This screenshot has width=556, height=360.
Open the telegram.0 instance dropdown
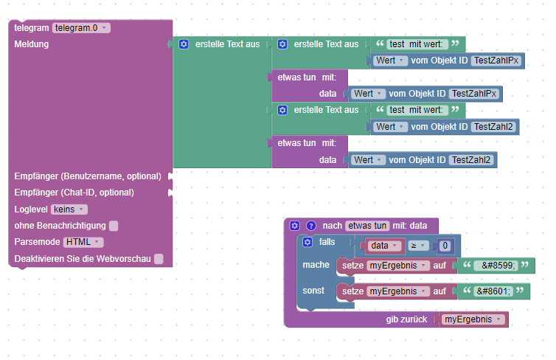(x=81, y=28)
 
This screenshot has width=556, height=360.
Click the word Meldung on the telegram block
(x=31, y=44)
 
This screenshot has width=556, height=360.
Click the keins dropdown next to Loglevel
(x=69, y=210)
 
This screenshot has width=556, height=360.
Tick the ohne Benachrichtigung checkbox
(x=114, y=226)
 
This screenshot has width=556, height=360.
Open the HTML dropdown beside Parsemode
(x=83, y=242)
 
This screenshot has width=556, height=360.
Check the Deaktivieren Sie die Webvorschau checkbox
(x=159, y=259)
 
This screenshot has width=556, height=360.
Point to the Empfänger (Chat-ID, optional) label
(x=74, y=193)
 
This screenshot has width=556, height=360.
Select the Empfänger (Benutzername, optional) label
(x=87, y=176)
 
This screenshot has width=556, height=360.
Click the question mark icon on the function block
(x=311, y=226)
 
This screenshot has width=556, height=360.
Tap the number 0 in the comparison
(x=444, y=246)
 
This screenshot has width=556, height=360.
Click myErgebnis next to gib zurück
(x=474, y=319)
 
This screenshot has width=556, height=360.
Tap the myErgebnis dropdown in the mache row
(x=398, y=266)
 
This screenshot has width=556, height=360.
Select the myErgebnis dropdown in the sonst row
(x=398, y=292)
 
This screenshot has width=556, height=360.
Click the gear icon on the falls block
(x=307, y=242)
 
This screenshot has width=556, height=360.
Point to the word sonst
(x=314, y=291)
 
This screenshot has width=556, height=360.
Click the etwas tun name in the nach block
(x=368, y=226)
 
